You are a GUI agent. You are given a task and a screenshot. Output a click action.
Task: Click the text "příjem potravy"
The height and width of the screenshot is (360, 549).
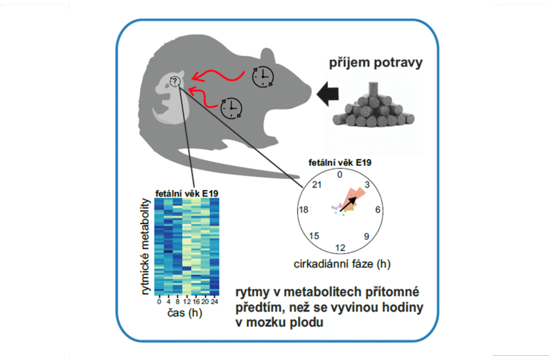375,63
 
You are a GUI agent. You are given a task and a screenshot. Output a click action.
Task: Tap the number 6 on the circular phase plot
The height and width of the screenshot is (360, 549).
377,210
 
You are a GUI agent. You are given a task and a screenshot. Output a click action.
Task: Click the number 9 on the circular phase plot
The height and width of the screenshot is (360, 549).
367,236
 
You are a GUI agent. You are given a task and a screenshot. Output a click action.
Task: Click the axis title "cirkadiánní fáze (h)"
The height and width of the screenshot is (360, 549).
340,264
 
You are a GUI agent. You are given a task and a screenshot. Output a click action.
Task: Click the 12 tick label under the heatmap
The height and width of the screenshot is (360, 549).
183,302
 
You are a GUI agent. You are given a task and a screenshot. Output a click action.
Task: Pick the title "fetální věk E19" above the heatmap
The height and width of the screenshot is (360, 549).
187,193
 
